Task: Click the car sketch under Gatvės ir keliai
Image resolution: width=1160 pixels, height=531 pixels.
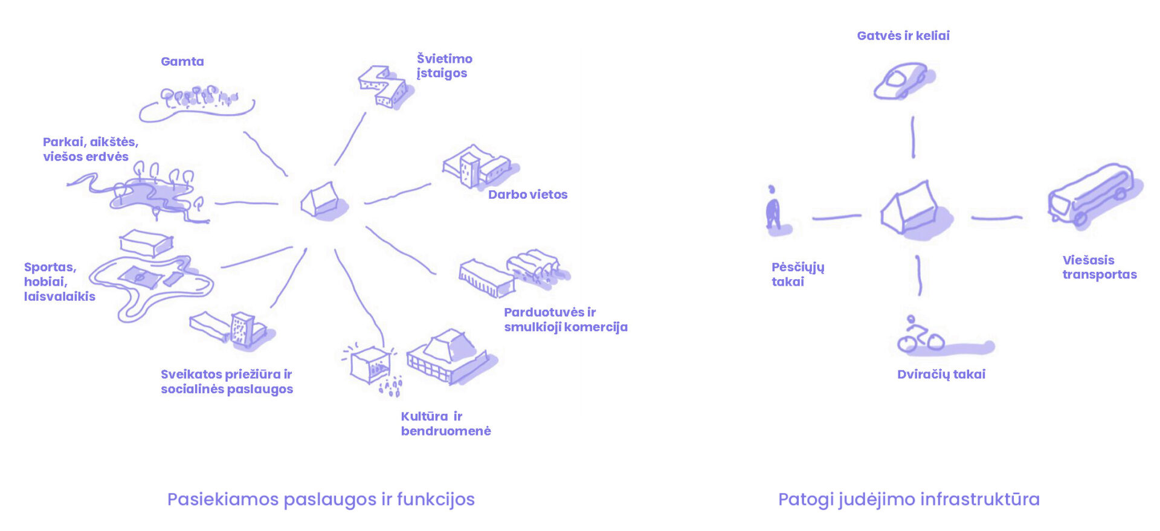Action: tap(902, 81)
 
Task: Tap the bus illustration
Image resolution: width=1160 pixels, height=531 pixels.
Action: tap(1093, 195)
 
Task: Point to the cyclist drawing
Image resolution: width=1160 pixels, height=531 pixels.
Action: tap(920, 335)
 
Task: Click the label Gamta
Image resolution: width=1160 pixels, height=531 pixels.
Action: tap(182, 62)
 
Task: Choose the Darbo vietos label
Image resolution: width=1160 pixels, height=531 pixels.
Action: tap(527, 195)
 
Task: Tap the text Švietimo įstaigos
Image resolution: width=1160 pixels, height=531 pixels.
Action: tap(444, 66)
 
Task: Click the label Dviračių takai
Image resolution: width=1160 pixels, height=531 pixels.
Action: tap(941, 375)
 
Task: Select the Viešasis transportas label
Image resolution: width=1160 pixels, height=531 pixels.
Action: tap(1099, 267)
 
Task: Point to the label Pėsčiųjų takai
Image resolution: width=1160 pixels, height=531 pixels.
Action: tap(797, 274)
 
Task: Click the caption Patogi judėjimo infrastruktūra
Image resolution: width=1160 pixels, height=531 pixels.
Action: tap(908, 500)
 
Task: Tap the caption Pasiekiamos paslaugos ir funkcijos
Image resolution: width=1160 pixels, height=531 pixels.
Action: tap(321, 500)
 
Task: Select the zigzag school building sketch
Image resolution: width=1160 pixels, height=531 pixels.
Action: tap(383, 86)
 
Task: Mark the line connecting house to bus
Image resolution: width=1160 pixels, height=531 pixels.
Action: tap(996, 217)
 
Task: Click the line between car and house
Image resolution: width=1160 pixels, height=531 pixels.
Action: tap(913, 137)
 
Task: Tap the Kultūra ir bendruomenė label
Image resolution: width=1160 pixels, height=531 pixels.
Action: tap(445, 423)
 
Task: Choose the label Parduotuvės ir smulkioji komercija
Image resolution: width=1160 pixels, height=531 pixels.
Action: tap(565, 320)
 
